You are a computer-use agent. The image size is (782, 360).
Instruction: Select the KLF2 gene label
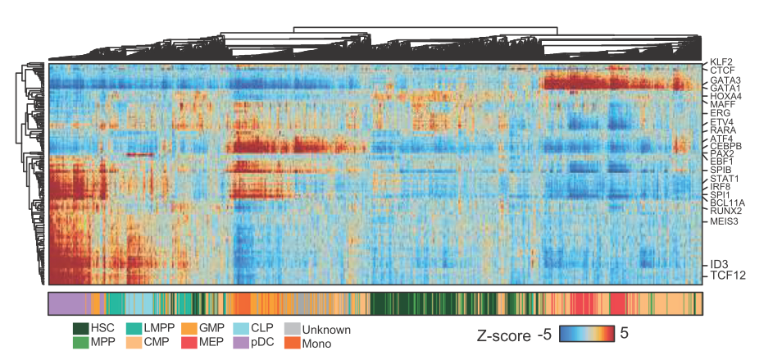[x=721, y=62]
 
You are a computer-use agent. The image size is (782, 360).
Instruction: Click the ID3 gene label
[x=718, y=264]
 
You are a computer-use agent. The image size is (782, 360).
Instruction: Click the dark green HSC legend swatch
[x=80, y=329]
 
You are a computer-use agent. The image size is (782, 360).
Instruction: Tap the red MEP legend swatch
[x=187, y=343]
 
